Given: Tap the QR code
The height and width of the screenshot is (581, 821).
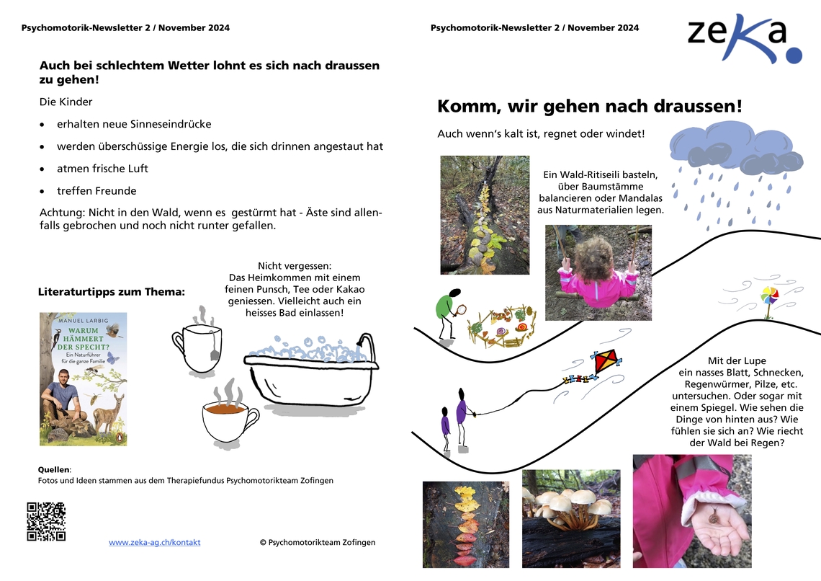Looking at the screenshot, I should point(46,521).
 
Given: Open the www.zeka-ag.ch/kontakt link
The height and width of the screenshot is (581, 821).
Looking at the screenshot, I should point(155,542).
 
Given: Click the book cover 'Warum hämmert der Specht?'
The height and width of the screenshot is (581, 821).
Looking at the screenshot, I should point(84,378).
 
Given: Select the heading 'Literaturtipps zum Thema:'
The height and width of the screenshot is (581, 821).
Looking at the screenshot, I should point(111,292).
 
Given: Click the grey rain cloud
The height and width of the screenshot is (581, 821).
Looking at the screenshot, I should point(735,148).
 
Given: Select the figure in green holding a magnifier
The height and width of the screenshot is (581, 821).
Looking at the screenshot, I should point(448,311).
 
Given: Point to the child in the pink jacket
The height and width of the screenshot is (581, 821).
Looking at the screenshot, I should point(598,272).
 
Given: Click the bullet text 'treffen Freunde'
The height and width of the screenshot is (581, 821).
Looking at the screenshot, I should point(97,191).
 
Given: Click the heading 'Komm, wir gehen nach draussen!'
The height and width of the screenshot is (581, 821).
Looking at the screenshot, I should point(589,107).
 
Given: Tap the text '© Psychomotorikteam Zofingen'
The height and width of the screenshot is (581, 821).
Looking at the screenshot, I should point(318,542).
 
